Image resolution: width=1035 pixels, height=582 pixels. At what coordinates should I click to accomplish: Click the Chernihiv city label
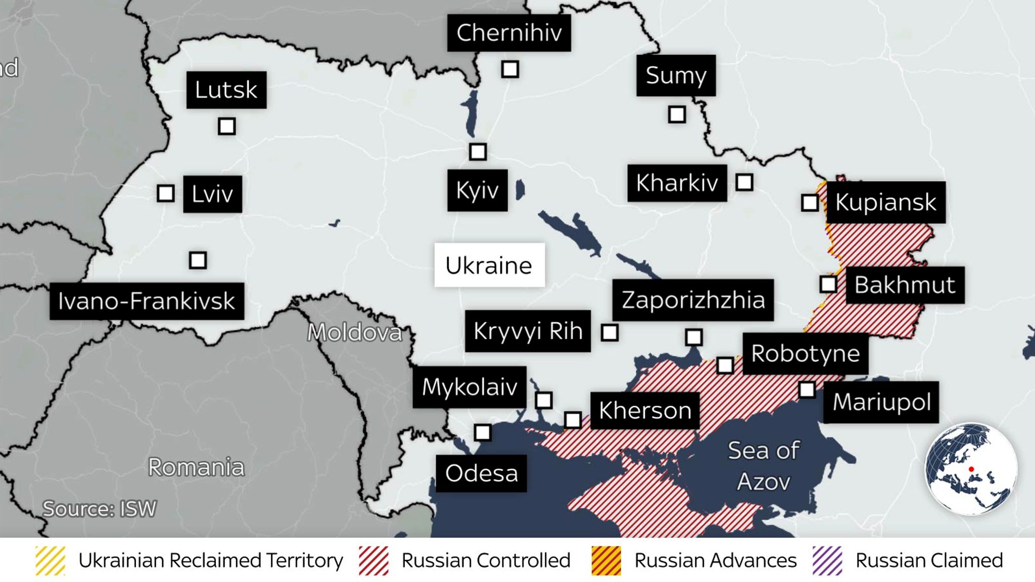coord(509,33)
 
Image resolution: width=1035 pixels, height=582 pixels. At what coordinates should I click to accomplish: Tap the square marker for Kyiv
coord(478,152)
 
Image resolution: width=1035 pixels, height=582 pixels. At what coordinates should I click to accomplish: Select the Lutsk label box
coord(226,90)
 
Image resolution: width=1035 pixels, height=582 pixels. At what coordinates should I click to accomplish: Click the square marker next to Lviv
coord(166,193)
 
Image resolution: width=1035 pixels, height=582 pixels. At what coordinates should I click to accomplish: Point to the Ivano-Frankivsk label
coord(147,301)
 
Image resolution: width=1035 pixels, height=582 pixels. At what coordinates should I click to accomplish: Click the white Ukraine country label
coord(489,265)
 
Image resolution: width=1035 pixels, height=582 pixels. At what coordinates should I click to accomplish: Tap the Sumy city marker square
coord(677,115)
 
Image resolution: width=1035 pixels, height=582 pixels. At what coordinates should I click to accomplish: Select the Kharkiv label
coord(677,183)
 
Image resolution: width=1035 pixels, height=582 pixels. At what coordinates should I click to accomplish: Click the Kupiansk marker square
coord(810,203)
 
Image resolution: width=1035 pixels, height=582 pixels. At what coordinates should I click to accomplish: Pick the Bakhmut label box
coord(905,285)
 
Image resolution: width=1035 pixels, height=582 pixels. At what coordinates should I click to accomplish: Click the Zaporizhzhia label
coord(693,300)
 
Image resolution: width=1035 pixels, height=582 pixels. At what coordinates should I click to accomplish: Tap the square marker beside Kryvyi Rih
coord(609,332)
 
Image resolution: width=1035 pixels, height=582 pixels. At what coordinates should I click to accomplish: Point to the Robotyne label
coord(805,354)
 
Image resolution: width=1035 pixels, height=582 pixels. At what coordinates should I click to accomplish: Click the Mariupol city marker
coord(807,390)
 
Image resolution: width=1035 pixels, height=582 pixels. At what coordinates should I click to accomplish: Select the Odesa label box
coord(481,473)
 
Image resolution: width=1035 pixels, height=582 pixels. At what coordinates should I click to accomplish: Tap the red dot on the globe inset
coord(971,469)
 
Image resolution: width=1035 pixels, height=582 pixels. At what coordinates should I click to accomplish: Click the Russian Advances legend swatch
coord(606,561)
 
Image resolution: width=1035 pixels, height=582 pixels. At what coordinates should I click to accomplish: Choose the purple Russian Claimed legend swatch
coord(827,561)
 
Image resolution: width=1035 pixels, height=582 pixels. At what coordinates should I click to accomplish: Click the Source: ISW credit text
coord(100,509)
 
